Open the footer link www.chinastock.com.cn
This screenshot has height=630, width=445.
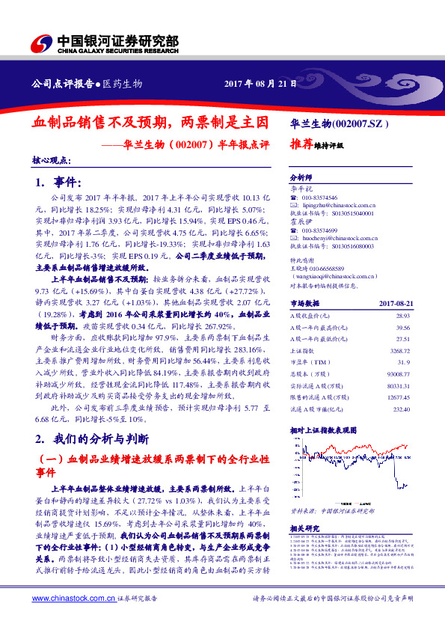pyautogui.click(x=74, y=599)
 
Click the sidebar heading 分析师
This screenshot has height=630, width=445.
pyautogui.click(x=301, y=179)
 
